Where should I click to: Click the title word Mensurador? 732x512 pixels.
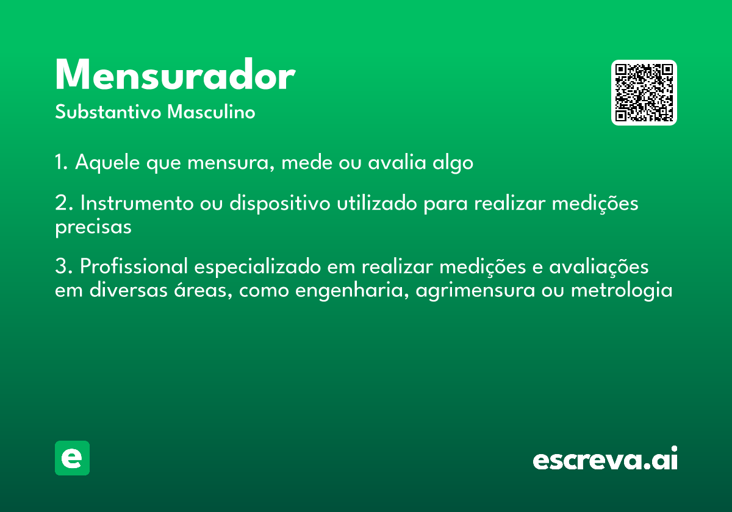coord(176,74)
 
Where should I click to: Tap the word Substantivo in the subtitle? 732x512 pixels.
coord(108,112)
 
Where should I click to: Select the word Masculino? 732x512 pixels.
coord(211,112)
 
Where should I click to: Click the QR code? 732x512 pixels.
coord(644,93)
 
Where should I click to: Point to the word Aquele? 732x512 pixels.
coord(107,162)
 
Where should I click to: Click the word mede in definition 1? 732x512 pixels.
coord(307,162)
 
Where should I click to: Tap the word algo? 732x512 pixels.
coord(453,162)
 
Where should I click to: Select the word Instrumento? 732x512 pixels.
coord(137,203)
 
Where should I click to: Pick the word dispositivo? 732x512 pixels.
coord(280,204)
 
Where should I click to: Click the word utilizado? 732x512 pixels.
coord(377,203)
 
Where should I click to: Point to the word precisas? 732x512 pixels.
coord(93,227)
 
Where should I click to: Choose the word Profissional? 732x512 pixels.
coord(134,266)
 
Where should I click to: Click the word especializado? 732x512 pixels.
coord(258,267)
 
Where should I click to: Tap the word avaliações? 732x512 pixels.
coord(598,266)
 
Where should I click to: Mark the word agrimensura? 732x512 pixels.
coord(475,291)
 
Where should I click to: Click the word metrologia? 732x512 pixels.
coord(622,291)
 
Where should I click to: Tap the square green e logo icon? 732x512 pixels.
coord(72,458)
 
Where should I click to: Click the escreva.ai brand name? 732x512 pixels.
coord(605,458)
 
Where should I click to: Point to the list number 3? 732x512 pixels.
coord(63,266)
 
